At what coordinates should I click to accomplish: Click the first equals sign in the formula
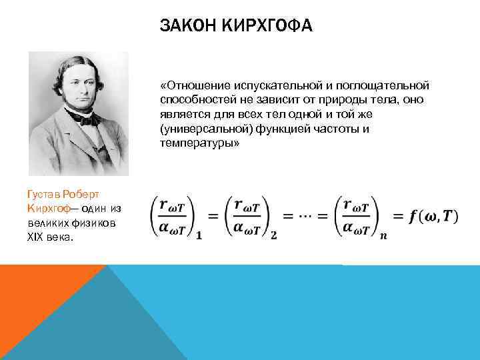(x=213, y=217)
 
